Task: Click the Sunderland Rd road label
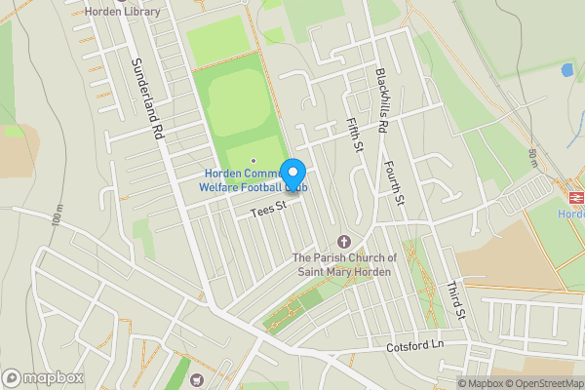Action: pyautogui.click(x=146, y=97)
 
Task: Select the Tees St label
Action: pyautogui.click(x=265, y=208)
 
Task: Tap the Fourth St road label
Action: pyautogui.click(x=394, y=182)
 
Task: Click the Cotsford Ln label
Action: pyautogui.click(x=414, y=346)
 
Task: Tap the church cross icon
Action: pyautogui.click(x=343, y=241)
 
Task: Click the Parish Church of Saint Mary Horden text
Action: pyautogui.click(x=344, y=264)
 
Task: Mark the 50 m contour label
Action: pyautogui.click(x=533, y=159)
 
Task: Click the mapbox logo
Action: pyautogui.click(x=43, y=377)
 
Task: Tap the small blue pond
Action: pyautogui.click(x=567, y=70)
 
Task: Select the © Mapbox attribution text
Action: pyautogui.click(x=481, y=383)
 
